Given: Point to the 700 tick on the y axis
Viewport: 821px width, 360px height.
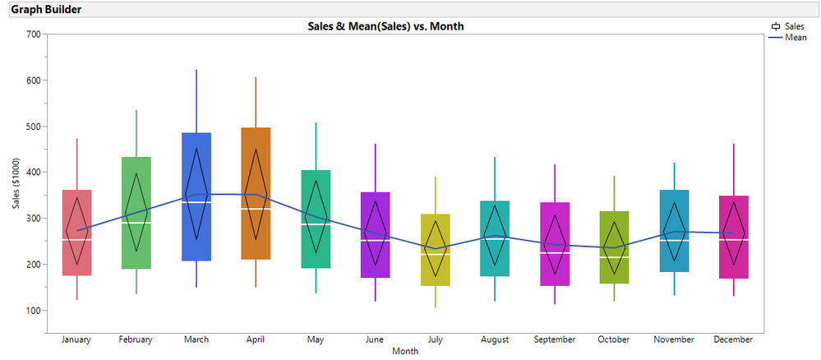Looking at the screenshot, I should pos(34,35).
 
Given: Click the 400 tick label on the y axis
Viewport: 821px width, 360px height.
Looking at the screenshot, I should pos(34,173).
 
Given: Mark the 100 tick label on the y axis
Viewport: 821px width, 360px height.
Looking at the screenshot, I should pos(34,311).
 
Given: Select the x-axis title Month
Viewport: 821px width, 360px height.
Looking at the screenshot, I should pos(404,351).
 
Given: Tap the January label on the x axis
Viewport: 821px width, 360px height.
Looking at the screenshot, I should pos(76,339).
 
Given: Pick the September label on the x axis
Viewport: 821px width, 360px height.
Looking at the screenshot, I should pos(555,339).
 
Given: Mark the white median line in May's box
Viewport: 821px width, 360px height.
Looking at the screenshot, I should pos(316,224).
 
